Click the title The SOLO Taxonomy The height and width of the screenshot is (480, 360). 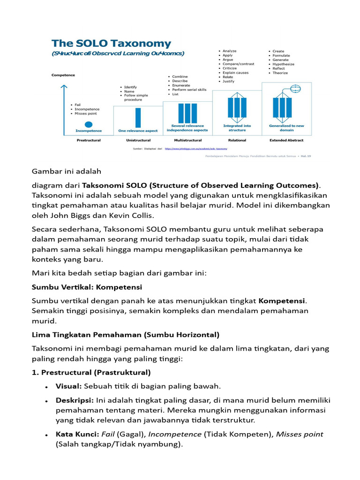(111, 44)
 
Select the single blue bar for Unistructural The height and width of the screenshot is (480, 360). (138, 118)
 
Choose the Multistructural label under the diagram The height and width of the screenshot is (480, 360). (187, 140)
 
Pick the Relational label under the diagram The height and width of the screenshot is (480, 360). (237, 140)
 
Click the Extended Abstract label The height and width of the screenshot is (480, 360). (286, 140)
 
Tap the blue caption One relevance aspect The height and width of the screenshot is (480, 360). (138, 131)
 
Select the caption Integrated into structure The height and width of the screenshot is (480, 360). (237, 128)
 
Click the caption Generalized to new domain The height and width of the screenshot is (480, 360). (286, 128)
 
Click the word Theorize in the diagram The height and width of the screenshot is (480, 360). (280, 73)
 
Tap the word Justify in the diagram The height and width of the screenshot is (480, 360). (228, 81)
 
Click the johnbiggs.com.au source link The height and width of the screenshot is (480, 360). (196, 148)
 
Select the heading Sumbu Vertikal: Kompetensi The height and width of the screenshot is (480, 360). (87, 286)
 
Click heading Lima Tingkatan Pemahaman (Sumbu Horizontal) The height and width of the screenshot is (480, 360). (125, 335)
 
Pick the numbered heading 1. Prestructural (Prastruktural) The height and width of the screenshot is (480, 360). (91, 373)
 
